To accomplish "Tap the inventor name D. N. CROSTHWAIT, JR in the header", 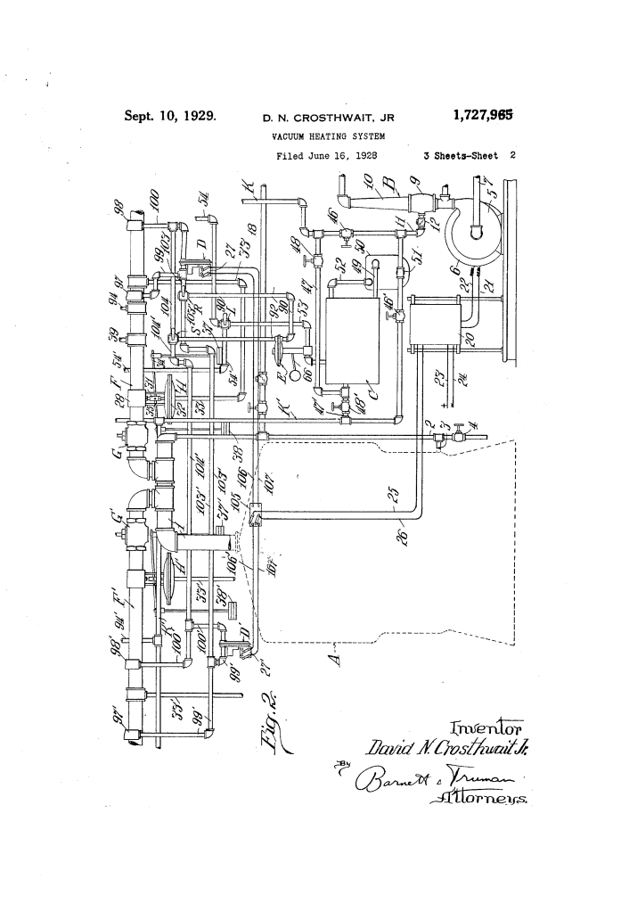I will [328, 117].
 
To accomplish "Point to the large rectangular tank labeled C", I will [355, 341].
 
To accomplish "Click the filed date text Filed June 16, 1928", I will [325, 154].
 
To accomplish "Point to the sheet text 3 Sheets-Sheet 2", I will [471, 154].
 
